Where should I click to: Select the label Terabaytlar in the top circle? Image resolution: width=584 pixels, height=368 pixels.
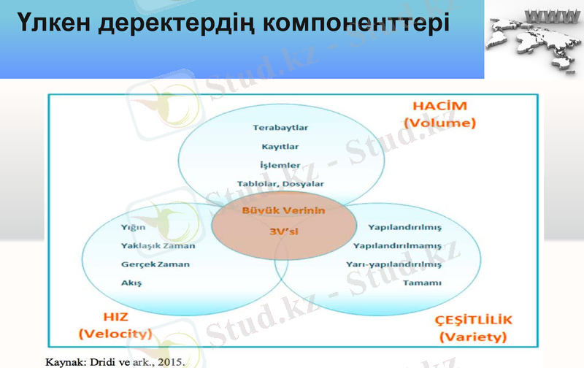coord(280,127)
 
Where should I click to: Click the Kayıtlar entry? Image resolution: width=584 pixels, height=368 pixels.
coord(280,146)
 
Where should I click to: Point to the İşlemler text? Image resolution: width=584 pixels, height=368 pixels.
coord(280,165)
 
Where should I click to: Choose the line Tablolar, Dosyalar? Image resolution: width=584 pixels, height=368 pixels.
coord(280,184)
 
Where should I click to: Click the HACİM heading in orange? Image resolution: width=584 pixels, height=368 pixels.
coord(439,107)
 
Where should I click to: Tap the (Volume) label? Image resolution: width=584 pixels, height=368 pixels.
coord(439,123)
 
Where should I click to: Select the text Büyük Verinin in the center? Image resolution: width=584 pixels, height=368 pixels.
coord(280,210)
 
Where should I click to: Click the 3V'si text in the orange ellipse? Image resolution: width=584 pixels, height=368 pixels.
coord(280,232)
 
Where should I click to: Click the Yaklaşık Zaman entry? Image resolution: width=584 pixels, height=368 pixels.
coord(158,245)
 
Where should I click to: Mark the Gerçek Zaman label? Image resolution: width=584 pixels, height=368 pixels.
coord(154,264)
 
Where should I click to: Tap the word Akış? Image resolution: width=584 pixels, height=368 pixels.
coord(131,282)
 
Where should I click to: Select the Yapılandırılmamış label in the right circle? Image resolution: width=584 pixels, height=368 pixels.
coord(397,245)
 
